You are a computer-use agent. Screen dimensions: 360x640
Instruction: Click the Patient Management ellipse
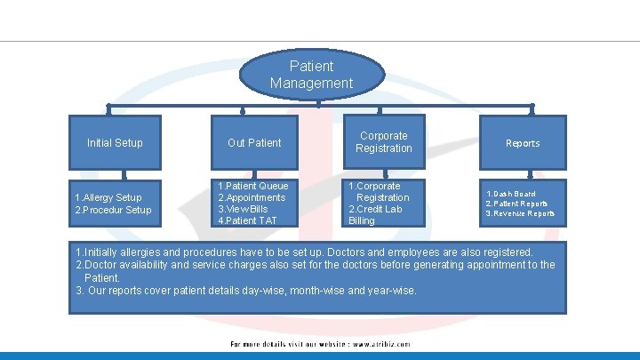click(x=311, y=75)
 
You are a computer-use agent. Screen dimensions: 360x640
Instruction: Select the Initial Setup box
click(x=115, y=142)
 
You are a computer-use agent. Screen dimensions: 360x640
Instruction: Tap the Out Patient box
click(x=254, y=142)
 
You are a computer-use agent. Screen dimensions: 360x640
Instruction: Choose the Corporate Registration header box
click(x=384, y=142)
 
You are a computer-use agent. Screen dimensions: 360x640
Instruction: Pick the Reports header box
click(x=523, y=143)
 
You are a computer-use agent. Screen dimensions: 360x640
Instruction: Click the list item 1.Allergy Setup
click(x=108, y=197)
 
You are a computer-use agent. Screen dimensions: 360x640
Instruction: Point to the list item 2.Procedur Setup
click(x=113, y=210)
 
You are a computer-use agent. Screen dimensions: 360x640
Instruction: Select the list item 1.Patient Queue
click(x=253, y=186)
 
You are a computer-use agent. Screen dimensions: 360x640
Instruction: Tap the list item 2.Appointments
click(x=252, y=197)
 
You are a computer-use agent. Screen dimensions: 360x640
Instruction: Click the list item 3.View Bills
click(x=243, y=209)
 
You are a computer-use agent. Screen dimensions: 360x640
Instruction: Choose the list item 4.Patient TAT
click(x=249, y=220)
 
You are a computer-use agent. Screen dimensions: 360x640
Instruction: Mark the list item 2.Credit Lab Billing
click(x=375, y=214)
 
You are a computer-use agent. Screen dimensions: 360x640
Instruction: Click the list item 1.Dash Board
click(x=510, y=194)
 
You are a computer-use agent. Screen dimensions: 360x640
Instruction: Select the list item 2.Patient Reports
click(x=516, y=204)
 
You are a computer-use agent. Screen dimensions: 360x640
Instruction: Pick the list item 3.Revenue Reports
click(x=520, y=213)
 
